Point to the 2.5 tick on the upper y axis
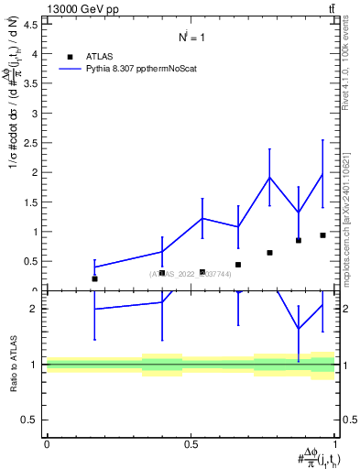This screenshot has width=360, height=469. [30, 143]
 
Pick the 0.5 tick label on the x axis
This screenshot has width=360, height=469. [191, 444]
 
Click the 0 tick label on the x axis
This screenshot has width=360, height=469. [47, 444]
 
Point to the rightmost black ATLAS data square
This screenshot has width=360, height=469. [322, 235]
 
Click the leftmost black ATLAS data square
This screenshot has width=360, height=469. [94, 278]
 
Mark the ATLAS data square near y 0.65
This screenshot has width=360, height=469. [269, 253]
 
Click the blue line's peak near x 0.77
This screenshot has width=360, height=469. [269, 178]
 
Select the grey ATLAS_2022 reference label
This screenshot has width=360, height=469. [191, 274]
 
